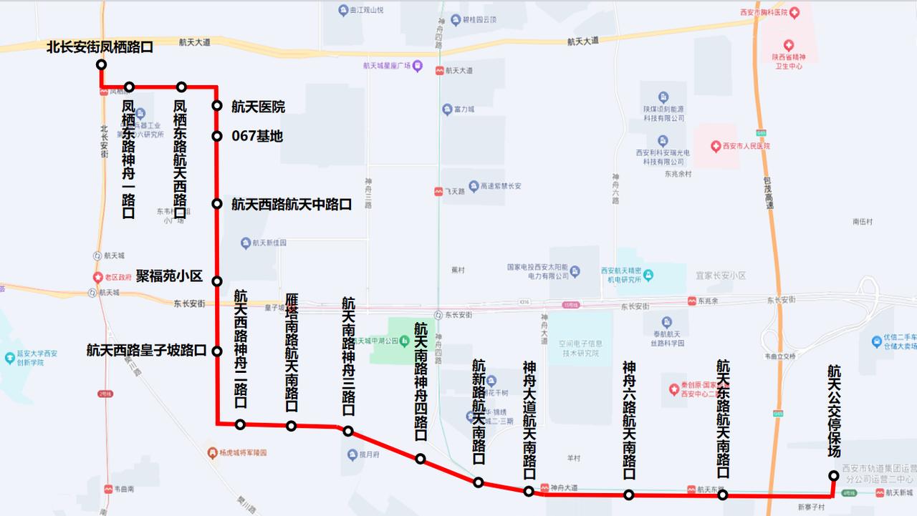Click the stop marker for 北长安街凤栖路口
pyautogui.click(x=102, y=64)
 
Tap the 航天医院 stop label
pyautogui.click(x=258, y=107)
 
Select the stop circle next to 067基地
pyautogui.click(x=216, y=136)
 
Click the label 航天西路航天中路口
pyautogui.click(x=291, y=204)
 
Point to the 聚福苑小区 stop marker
pyautogui.click(x=216, y=281)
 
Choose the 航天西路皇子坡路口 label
pyautogui.click(x=146, y=351)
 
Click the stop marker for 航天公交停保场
pyautogui.click(x=834, y=475)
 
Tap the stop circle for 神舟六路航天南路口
pyautogui.click(x=628, y=495)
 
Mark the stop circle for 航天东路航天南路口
pyautogui.click(x=723, y=495)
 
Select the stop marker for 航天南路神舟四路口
pyautogui.click(x=421, y=459)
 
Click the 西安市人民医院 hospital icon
pyautogui.click(x=715, y=146)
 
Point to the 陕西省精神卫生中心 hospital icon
pyautogui.click(x=789, y=45)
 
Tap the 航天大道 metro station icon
pyautogui.click(x=438, y=71)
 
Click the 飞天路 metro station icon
pyautogui.click(x=438, y=192)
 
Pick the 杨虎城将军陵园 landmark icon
pyautogui.click(x=212, y=453)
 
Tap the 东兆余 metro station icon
pyautogui.click(x=691, y=301)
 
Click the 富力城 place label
pyautogui.click(x=464, y=109)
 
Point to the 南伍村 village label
pyautogui.click(x=863, y=222)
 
